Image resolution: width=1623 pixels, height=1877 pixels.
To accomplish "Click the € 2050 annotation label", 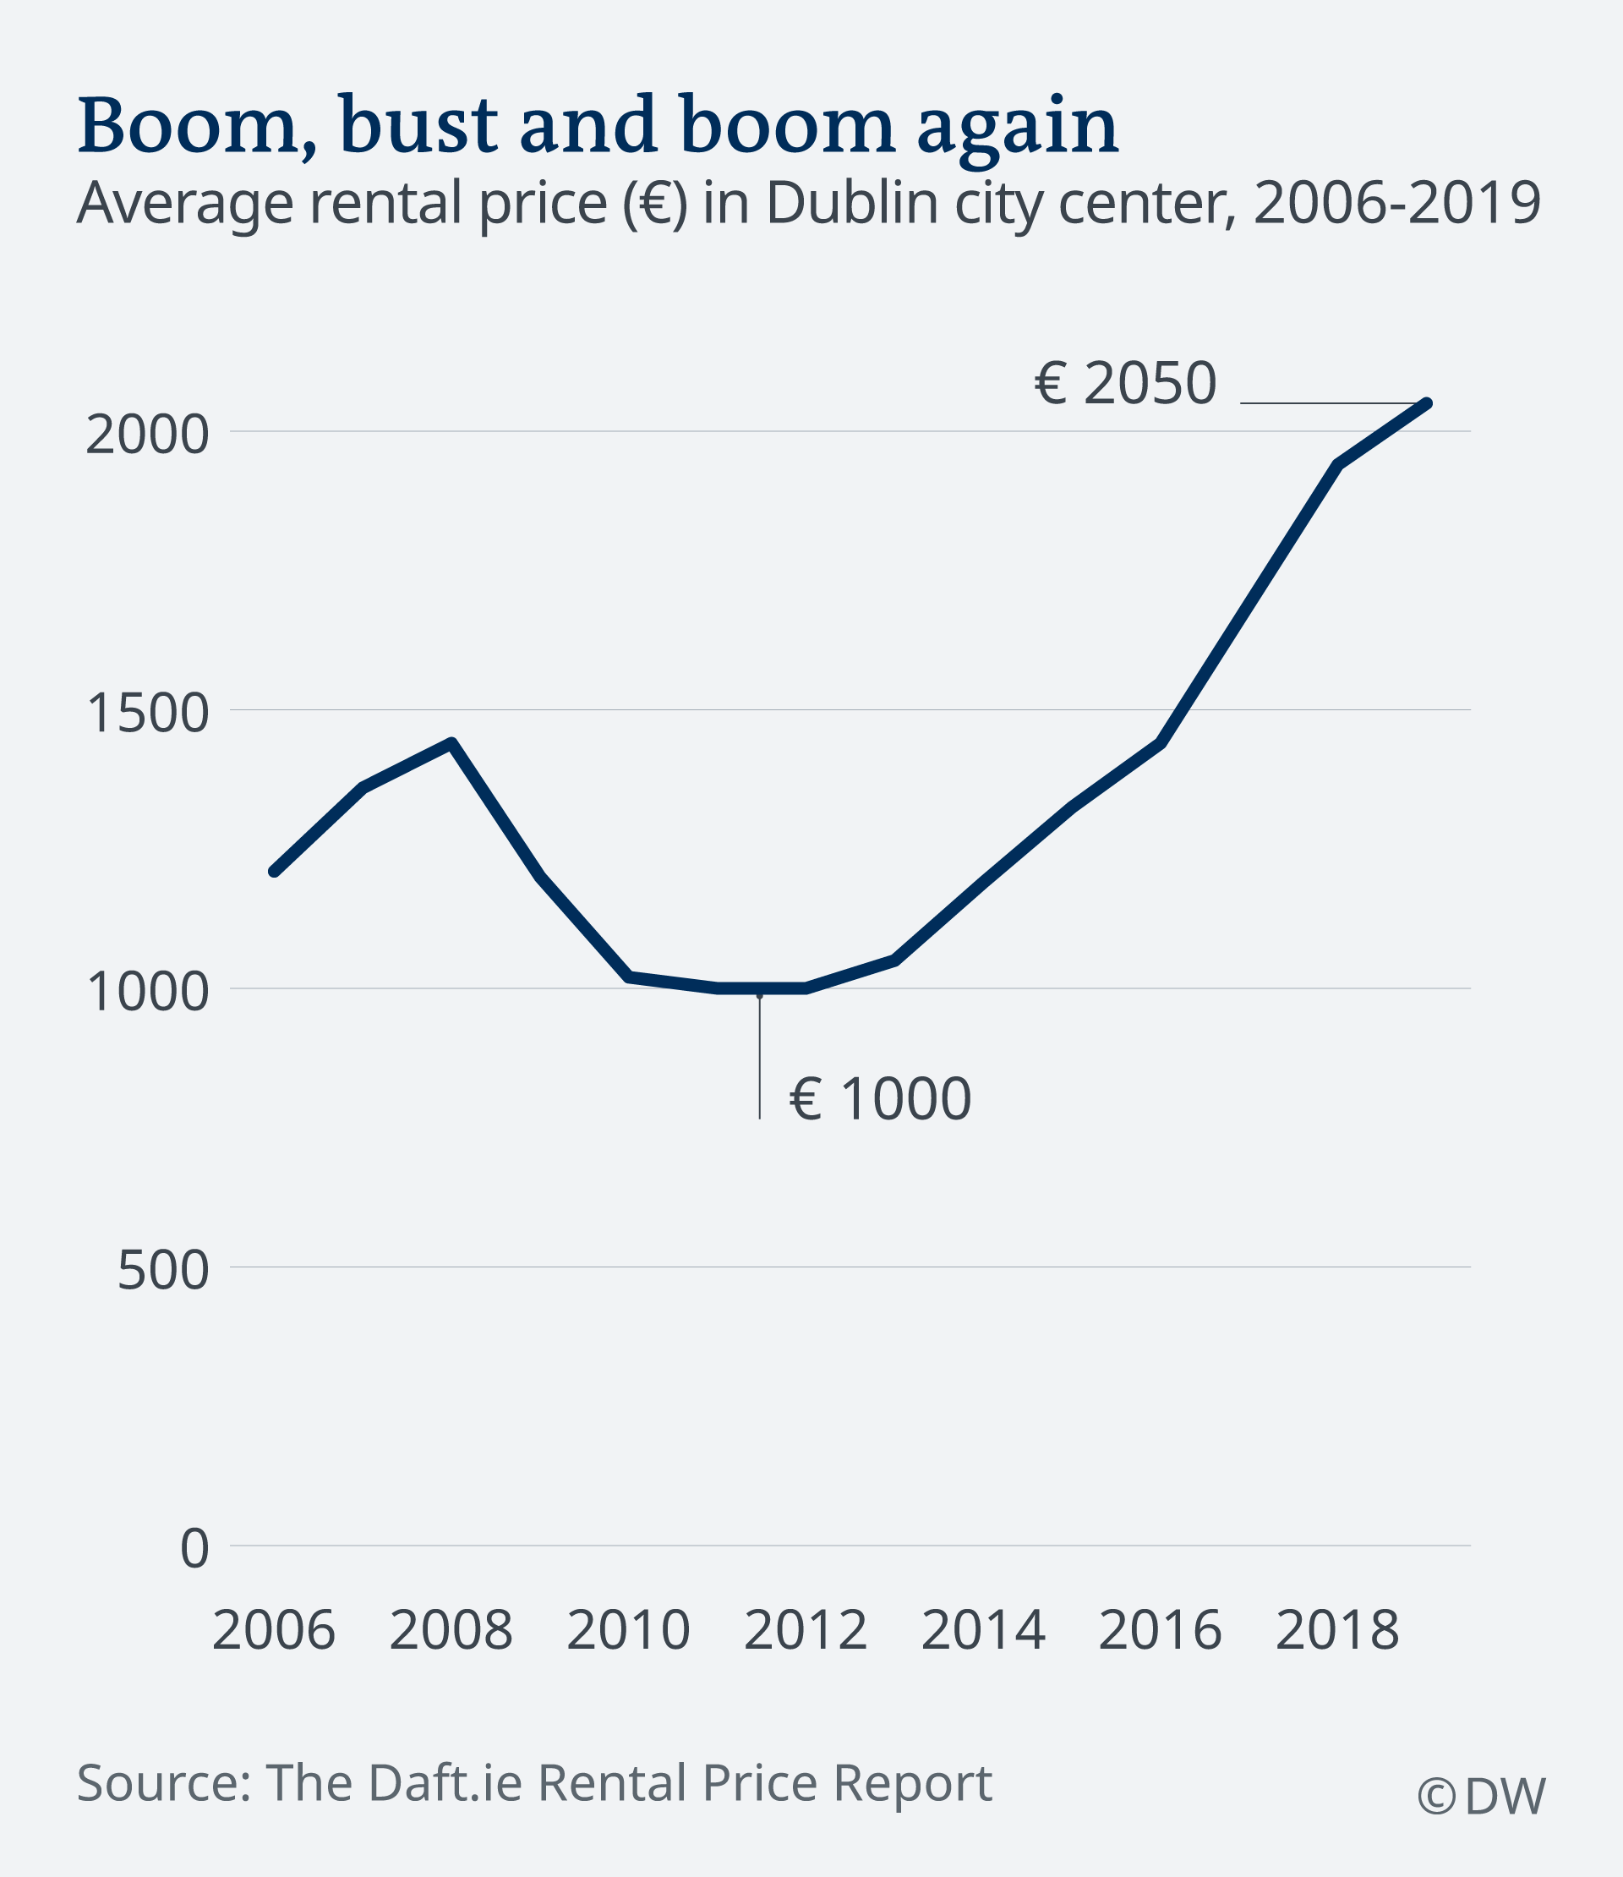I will [x=1125, y=383].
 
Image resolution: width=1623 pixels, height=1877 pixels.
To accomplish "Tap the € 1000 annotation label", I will [x=880, y=1099].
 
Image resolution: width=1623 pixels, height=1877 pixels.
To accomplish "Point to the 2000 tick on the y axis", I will [x=147, y=435].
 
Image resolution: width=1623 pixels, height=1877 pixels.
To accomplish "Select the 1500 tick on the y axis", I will [x=147, y=713].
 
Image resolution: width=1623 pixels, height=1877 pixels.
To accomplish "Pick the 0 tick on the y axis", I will [x=194, y=1548].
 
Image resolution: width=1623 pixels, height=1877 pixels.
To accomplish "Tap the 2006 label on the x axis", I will [x=274, y=1631].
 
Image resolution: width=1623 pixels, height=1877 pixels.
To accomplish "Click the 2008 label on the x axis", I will [x=451, y=1631].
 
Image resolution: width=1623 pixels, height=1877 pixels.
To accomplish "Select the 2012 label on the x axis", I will [x=805, y=1631].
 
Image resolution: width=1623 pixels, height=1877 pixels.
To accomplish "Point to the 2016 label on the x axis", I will [x=1160, y=1631].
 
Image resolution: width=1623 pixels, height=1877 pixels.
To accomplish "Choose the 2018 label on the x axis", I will [x=1336, y=1631].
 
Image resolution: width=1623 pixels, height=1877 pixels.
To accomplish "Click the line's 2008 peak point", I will [x=452, y=743].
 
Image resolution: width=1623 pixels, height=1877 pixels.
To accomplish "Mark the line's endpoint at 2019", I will [x=1428, y=403].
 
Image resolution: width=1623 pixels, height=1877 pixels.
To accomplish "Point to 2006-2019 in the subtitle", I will [x=1396, y=203].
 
